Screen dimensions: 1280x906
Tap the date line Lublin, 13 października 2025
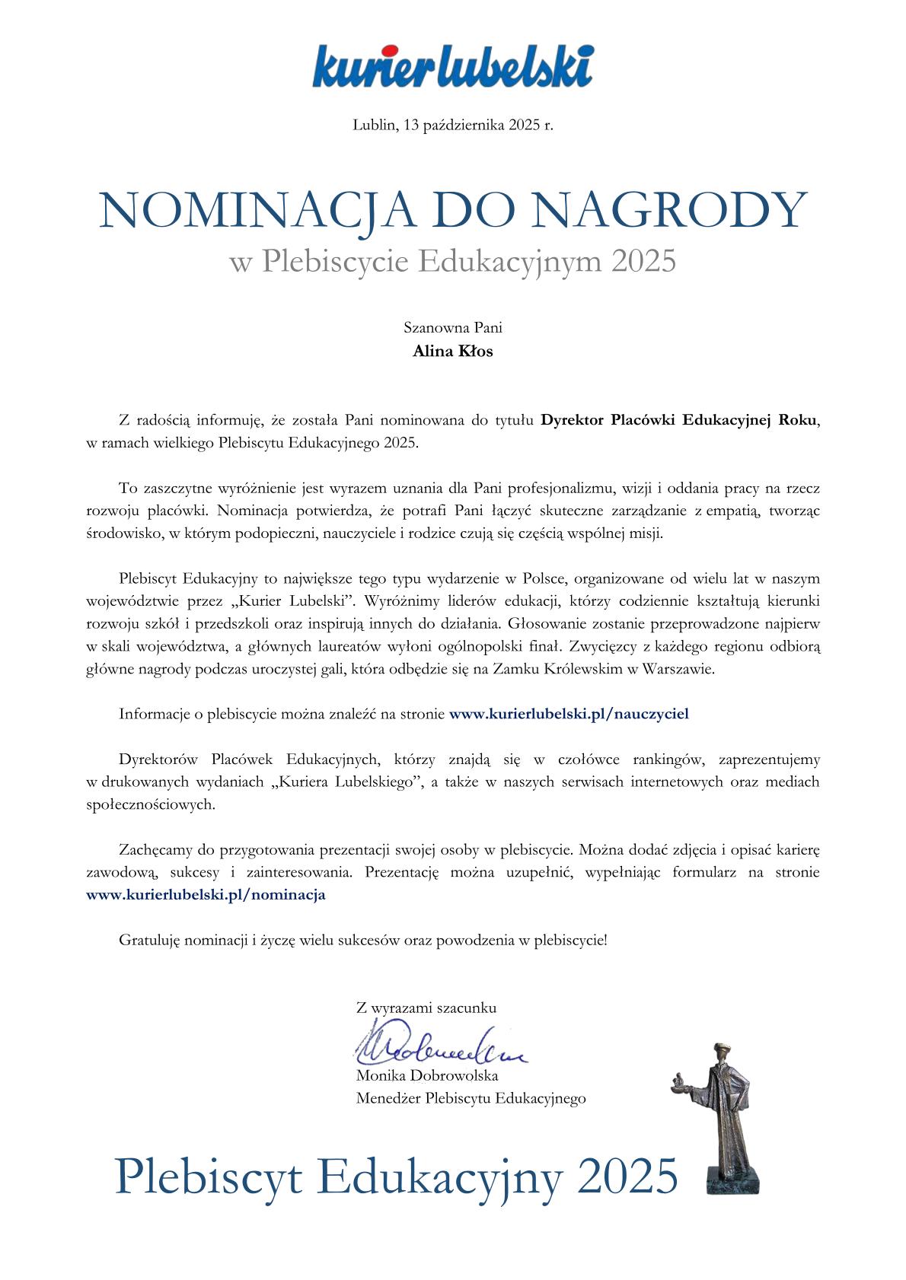click(453, 125)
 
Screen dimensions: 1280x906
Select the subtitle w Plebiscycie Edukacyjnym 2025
click(452, 262)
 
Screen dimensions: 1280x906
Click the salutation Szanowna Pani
click(452, 329)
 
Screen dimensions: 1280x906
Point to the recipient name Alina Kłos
click(452, 352)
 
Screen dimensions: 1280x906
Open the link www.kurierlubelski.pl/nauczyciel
click(569, 714)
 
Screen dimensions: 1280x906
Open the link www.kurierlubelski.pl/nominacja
click(206, 894)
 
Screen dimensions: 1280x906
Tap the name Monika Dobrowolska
click(427, 1076)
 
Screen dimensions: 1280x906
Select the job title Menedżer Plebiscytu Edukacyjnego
click(471, 1098)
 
